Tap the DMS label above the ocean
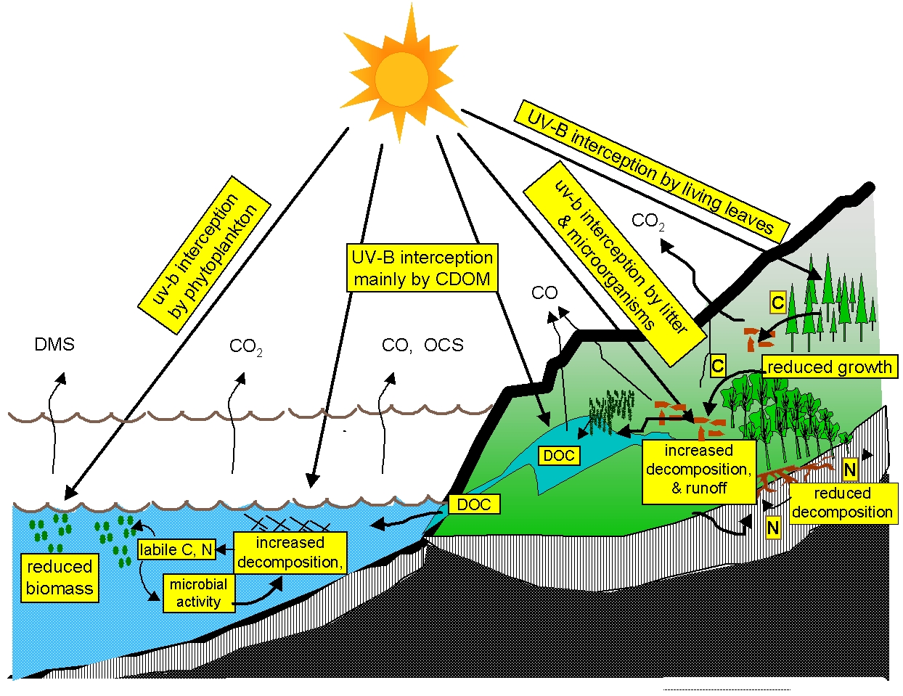[54, 344]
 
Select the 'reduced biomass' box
[60, 578]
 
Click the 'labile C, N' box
[176, 549]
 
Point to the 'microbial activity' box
[198, 593]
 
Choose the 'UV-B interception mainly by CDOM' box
[422, 268]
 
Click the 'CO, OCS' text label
[422, 345]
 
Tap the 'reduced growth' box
[830, 367]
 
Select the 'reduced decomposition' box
[842, 503]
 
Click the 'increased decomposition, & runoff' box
[698, 470]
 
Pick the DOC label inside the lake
[559, 456]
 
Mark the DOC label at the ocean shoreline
[474, 504]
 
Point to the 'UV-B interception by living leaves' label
[651, 171]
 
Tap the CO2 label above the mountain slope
[647, 221]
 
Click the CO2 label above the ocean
[245, 347]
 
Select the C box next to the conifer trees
[777, 302]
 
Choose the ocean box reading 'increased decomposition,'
[290, 552]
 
